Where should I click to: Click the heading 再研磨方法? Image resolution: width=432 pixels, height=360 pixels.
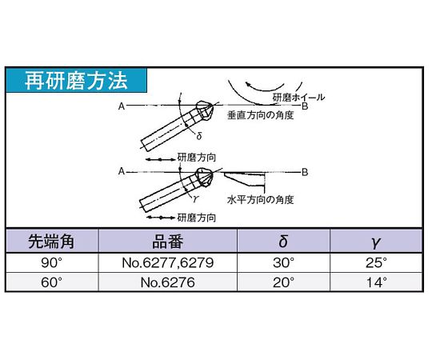76,81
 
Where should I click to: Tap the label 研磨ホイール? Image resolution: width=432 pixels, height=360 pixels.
298,98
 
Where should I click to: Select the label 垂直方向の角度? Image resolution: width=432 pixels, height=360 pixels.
260,115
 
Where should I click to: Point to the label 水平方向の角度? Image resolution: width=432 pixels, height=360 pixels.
260,200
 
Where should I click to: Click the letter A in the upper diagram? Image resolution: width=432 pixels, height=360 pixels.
122,106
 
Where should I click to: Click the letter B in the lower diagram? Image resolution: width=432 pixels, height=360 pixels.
305,173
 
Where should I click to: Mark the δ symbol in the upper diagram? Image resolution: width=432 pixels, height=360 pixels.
199,136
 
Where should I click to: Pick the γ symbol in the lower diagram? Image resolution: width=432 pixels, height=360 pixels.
195,198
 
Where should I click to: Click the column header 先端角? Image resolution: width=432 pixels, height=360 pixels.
51,242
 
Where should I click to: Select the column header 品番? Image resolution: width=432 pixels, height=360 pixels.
167,242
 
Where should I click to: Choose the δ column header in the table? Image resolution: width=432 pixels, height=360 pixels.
283,242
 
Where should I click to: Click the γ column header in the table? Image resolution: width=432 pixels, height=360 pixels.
376,242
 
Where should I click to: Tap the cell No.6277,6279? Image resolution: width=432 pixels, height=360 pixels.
167,262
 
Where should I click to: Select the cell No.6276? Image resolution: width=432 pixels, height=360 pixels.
167,282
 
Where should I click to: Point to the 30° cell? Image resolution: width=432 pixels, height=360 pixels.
283,262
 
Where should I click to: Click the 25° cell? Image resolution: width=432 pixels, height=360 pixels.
376,262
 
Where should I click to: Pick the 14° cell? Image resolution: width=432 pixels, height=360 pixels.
377,282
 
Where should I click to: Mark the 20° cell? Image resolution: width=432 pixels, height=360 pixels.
283,282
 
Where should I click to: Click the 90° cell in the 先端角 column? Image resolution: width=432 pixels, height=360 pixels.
51,262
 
